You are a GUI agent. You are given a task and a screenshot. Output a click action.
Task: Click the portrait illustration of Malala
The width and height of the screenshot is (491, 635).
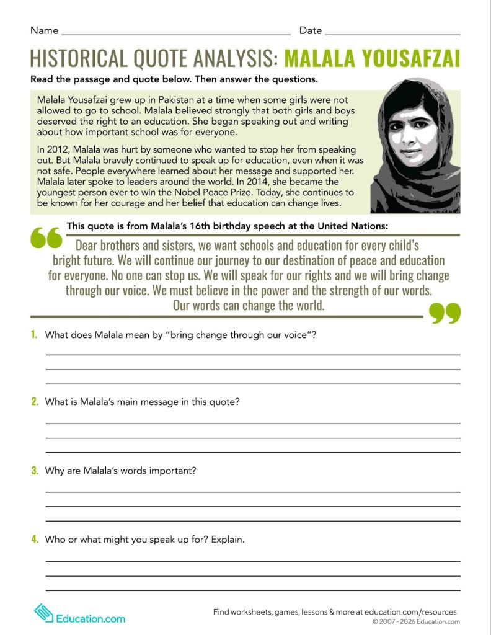[415, 146]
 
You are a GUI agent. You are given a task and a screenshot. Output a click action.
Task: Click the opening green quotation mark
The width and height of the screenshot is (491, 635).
[46, 238]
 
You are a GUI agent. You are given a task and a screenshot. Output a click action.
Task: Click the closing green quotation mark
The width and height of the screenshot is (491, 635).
[445, 314]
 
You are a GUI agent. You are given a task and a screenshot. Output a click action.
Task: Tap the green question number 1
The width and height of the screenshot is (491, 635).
[34, 335]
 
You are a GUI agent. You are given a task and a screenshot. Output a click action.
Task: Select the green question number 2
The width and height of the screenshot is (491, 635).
[35, 402]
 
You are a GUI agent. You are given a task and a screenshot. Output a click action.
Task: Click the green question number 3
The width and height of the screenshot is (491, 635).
[35, 471]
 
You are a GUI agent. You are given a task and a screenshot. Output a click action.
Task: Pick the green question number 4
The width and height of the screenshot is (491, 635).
[35, 540]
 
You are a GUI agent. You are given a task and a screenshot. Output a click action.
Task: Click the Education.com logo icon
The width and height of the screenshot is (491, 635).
[43, 613]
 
